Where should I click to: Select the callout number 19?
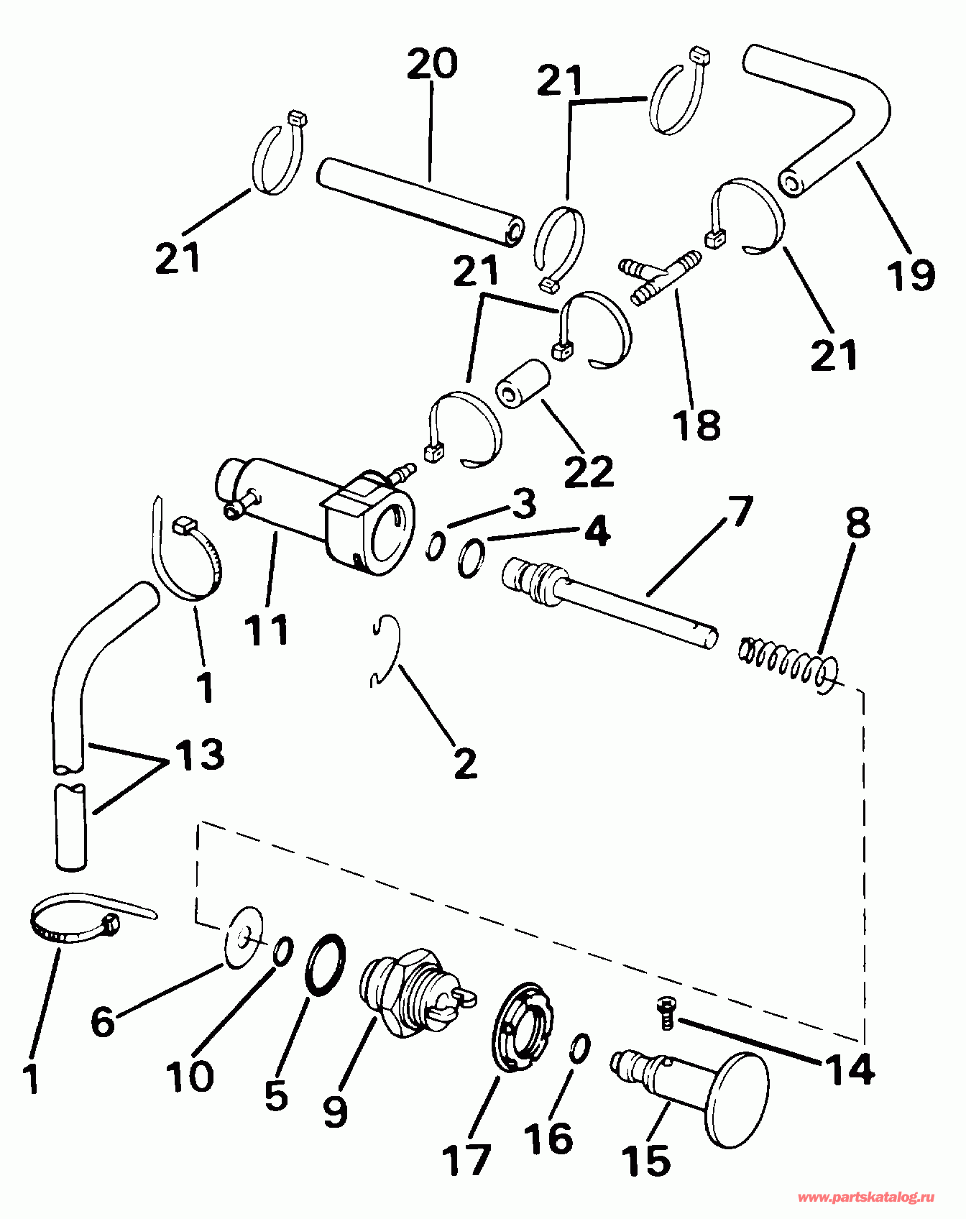(x=910, y=275)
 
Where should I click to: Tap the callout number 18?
(x=697, y=424)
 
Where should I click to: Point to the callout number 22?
(x=589, y=471)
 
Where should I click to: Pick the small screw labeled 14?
(x=666, y=1015)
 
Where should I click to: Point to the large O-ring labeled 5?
(x=325, y=965)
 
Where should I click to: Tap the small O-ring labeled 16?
(x=581, y=1049)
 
